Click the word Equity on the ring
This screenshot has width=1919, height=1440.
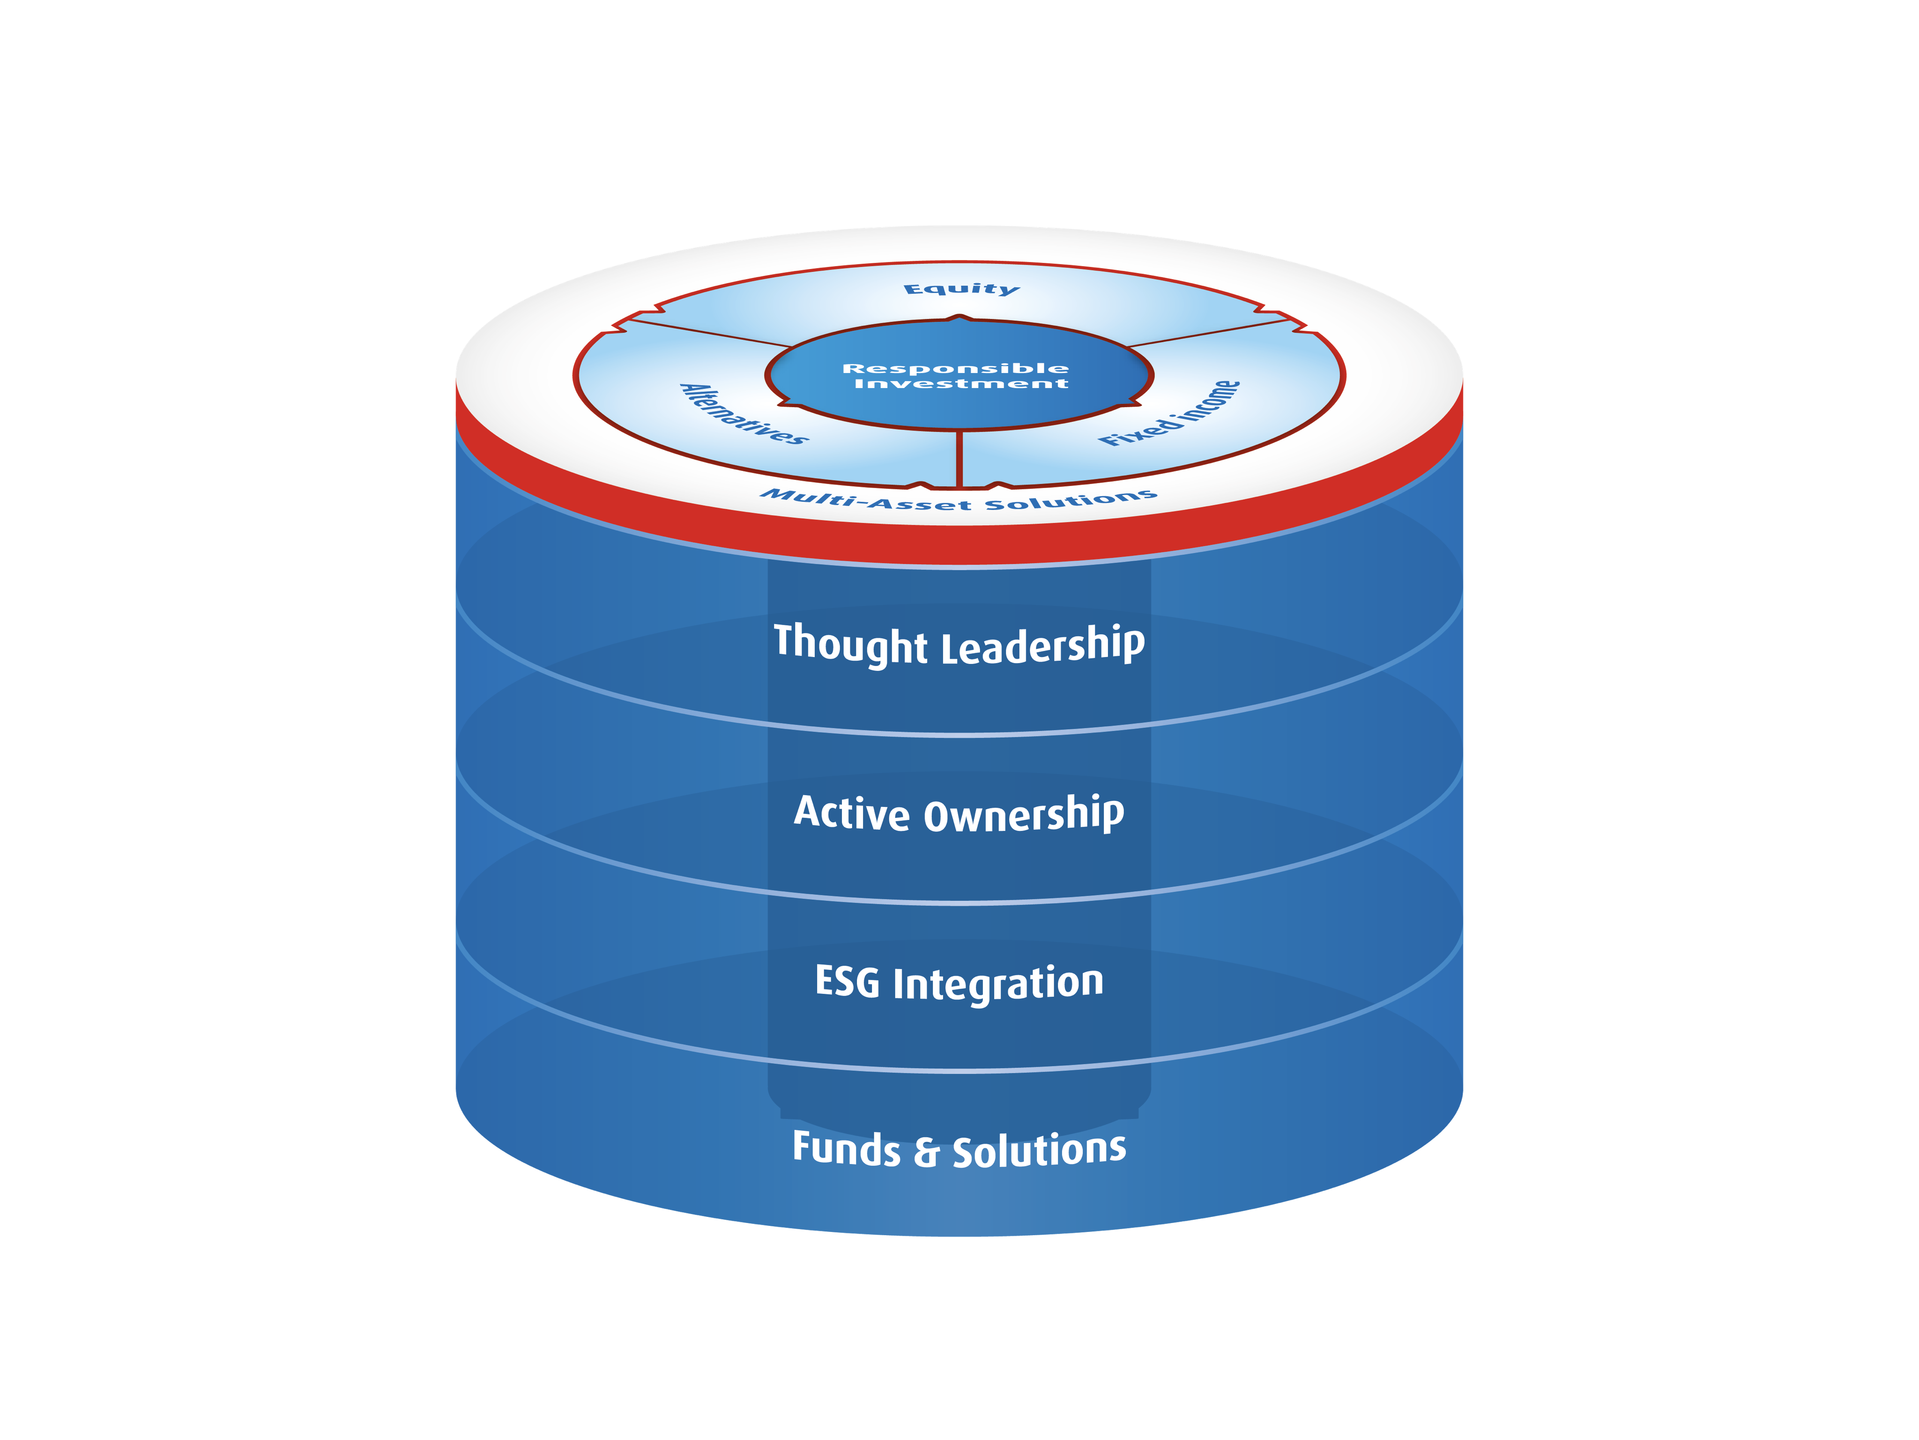(961, 289)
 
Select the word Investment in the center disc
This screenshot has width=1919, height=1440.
(961, 383)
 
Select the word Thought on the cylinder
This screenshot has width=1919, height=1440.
(850, 644)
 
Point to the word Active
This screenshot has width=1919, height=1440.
(852, 813)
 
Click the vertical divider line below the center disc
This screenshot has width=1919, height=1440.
(959, 457)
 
